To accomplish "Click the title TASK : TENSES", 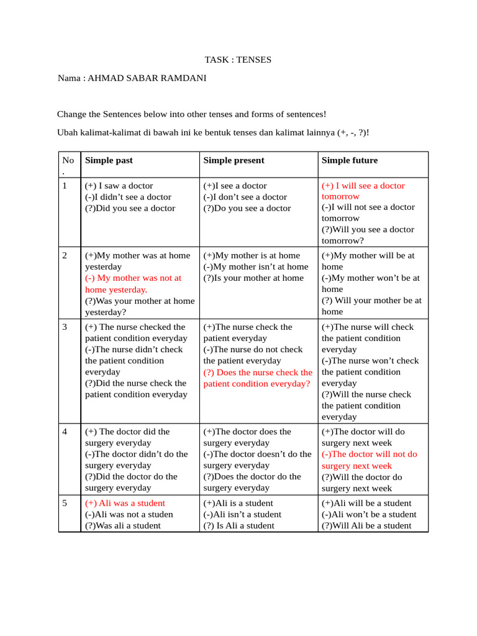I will click(x=238, y=60).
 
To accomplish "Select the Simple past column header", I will click(x=109, y=160).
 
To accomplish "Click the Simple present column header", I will click(x=234, y=160).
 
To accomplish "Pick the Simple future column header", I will click(x=349, y=160).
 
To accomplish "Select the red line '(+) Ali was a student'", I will click(x=125, y=503).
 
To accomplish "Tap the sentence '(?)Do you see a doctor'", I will click(x=247, y=208).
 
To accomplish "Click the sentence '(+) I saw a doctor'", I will click(x=119, y=186).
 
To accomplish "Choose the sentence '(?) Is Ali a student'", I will click(x=239, y=525).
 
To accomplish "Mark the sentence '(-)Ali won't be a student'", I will click(x=369, y=514).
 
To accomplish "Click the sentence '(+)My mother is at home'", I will click(x=252, y=255).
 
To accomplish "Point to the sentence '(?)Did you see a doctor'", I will click(x=130, y=208).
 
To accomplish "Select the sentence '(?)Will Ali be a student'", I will click(x=366, y=525).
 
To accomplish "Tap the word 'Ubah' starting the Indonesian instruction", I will click(x=67, y=133).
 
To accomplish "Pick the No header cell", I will click(x=68, y=164).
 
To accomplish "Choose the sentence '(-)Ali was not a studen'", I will click(x=129, y=514).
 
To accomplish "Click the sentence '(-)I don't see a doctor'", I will click(x=245, y=197).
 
